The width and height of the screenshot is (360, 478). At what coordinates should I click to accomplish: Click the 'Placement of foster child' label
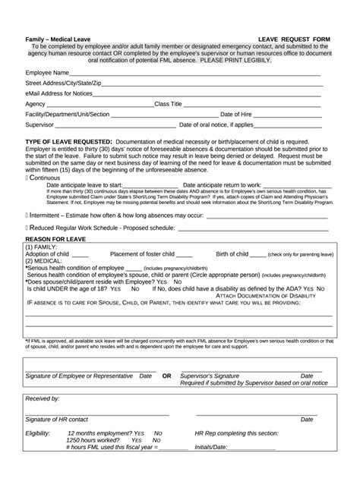pyautogui.click(x=143, y=253)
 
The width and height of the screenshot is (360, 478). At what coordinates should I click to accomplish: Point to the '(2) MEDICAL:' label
pyautogui.click(x=44, y=261)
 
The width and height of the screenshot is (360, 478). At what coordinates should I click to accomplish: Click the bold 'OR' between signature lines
pyautogui.click(x=166, y=376)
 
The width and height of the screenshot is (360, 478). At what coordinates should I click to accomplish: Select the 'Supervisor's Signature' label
pyautogui.click(x=216, y=376)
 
